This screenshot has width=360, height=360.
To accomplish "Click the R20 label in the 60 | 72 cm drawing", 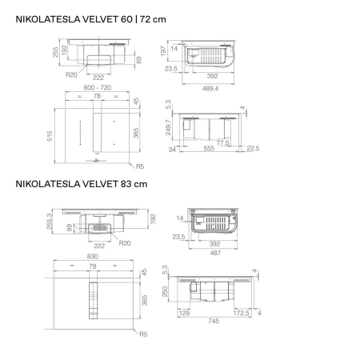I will click(x=72, y=74).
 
